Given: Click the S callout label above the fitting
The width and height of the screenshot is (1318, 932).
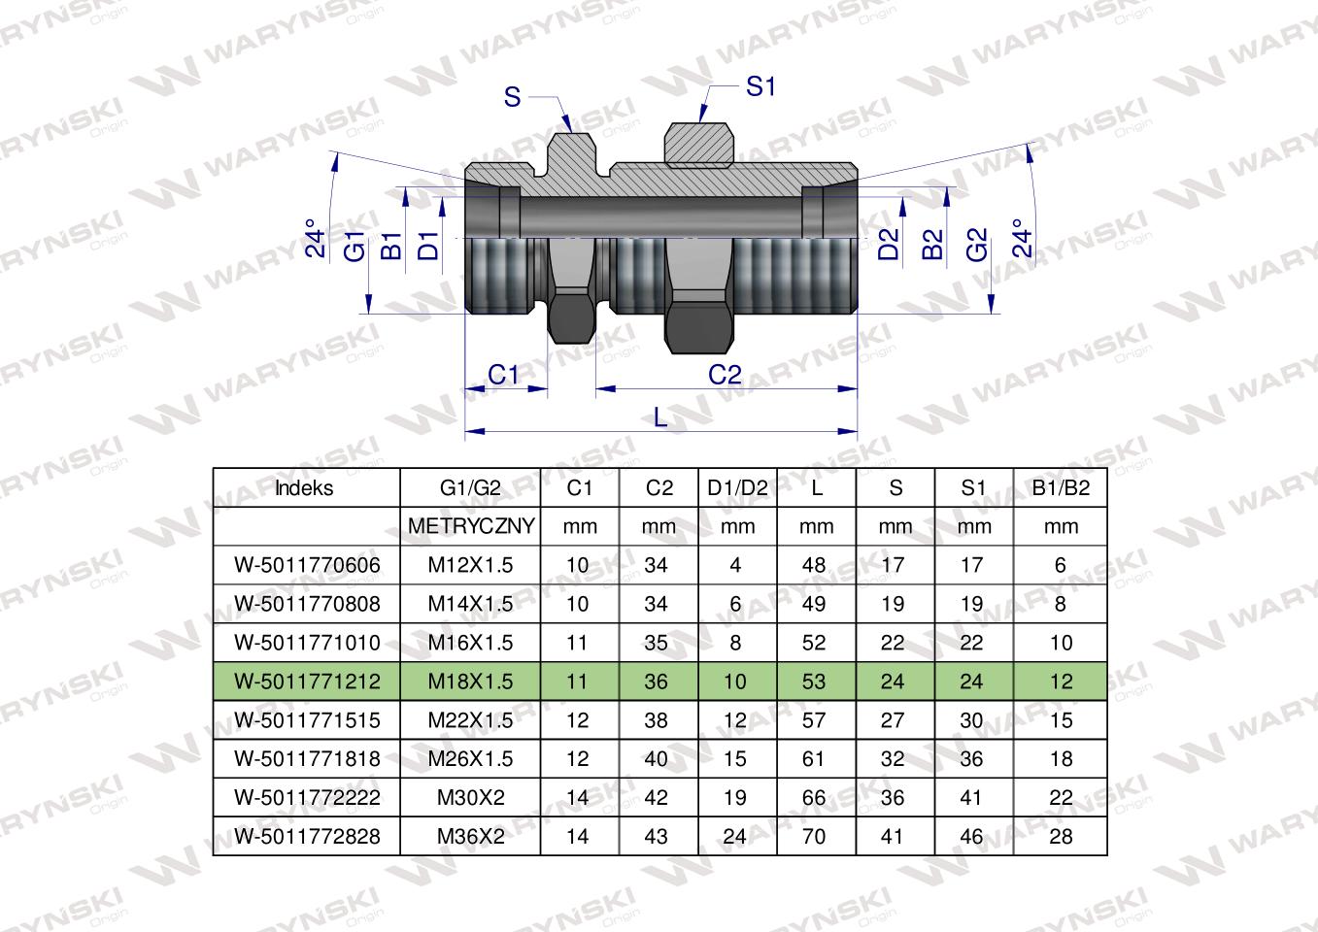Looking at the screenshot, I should point(512,97).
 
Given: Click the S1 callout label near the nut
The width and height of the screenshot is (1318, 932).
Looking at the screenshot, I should point(760,87).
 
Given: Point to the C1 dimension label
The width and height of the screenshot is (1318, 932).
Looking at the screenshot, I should point(503,375).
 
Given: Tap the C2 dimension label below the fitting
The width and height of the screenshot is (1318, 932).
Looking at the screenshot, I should point(725,375).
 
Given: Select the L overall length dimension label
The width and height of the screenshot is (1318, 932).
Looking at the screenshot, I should point(660,417).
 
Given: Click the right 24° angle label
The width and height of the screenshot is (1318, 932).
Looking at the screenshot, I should point(1021,237).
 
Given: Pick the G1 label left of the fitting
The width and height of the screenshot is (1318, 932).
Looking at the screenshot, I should point(355,246).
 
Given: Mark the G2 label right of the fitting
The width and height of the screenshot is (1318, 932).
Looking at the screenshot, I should point(976,245).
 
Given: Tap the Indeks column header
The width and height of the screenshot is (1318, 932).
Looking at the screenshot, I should point(304,488).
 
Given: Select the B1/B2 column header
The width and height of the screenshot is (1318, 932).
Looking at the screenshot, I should point(1060,488).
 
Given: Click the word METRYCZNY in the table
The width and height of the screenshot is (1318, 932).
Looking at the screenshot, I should point(471,526).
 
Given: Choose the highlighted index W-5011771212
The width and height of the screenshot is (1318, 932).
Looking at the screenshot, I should point(308,682).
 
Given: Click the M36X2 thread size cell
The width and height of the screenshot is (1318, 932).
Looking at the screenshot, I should point(471,836).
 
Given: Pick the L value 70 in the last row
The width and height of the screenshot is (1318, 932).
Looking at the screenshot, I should point(814,836).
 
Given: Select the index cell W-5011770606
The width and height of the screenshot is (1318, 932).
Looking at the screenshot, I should point(308,565).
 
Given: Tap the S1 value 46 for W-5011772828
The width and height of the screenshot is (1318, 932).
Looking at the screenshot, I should point(971,836).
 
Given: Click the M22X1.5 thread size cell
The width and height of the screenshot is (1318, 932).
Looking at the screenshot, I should point(471,720).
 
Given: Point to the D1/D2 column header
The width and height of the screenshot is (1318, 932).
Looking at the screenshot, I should point(738,488).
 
